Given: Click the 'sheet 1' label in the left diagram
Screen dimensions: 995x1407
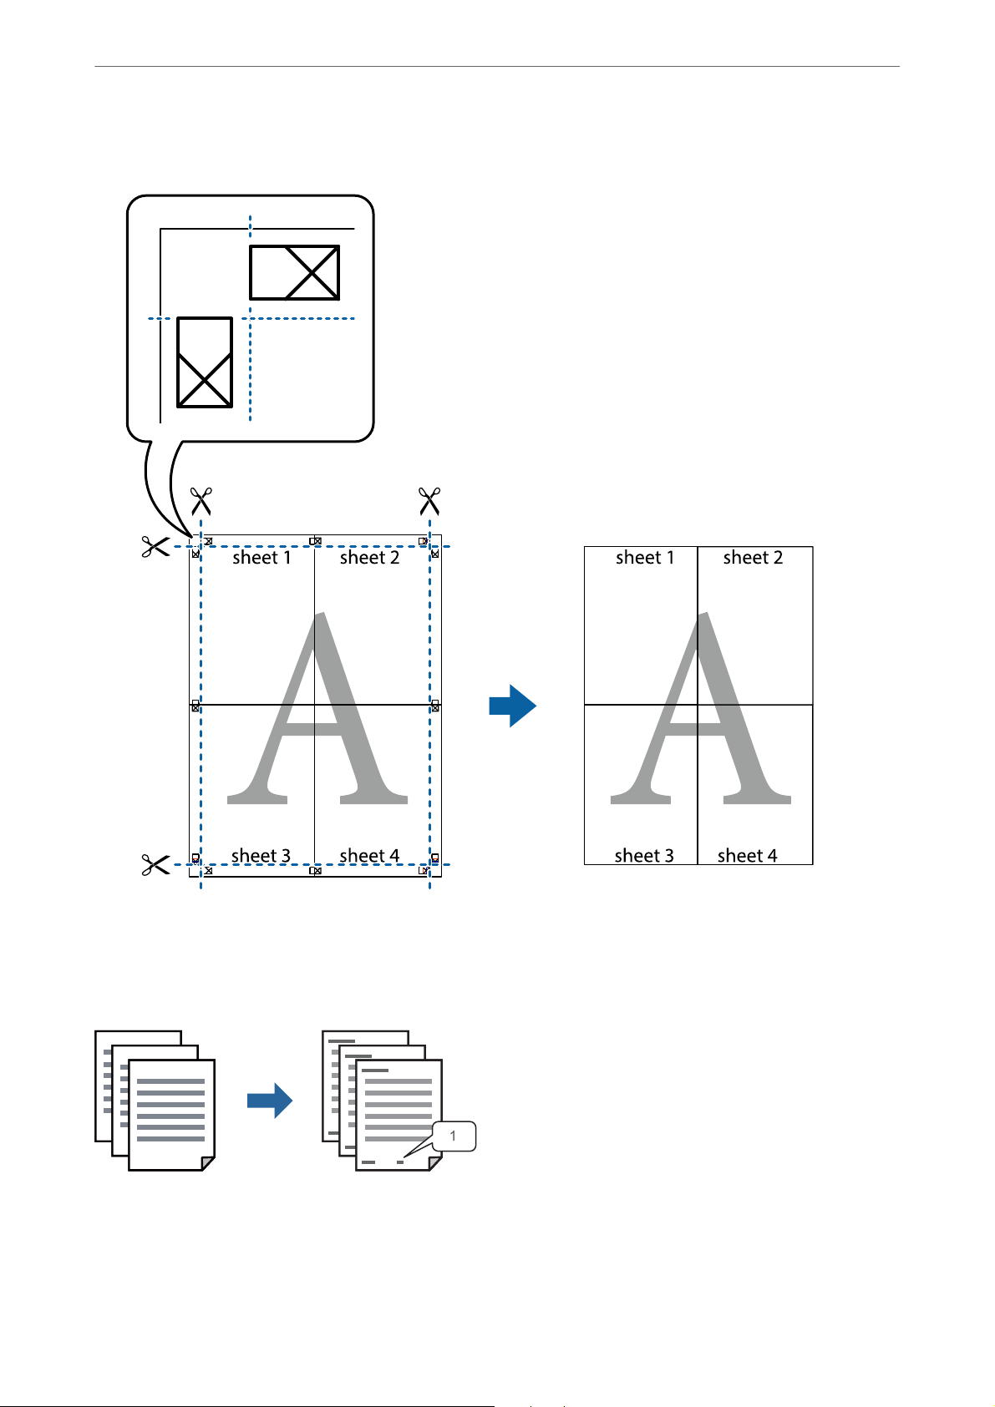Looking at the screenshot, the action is [x=261, y=557].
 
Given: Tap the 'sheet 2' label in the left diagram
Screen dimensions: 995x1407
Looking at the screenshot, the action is [x=369, y=557].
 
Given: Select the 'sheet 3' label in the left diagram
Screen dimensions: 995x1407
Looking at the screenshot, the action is [x=261, y=856].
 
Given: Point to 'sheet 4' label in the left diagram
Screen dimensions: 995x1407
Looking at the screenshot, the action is [x=369, y=856].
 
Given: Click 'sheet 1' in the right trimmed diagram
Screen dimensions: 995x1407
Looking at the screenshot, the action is [x=645, y=557].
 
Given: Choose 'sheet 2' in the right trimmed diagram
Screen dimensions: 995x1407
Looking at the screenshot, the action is [x=753, y=557].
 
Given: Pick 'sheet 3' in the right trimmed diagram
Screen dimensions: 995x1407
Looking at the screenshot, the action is [x=644, y=856].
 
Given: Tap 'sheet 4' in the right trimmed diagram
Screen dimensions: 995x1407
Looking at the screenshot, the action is [x=748, y=856].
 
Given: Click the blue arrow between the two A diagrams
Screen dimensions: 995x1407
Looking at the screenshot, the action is [x=512, y=706].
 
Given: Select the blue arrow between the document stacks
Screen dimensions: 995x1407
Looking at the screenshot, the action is [x=270, y=1101].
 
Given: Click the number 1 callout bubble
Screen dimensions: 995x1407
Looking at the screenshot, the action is [x=454, y=1136].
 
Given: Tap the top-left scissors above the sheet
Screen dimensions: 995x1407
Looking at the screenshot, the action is [x=201, y=501].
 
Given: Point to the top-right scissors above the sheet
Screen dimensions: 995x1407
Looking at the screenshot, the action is [x=429, y=501].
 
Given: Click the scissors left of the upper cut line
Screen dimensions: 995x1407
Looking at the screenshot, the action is [x=155, y=547].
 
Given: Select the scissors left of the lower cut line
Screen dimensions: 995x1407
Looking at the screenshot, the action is [x=155, y=865].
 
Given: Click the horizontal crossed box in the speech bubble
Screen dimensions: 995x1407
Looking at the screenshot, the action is [x=295, y=272].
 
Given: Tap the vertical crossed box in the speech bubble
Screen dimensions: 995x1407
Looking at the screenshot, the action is [x=205, y=362].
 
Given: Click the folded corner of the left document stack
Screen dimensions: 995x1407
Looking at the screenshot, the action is [x=208, y=1164].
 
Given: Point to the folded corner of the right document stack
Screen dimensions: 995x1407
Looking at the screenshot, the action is [x=435, y=1164].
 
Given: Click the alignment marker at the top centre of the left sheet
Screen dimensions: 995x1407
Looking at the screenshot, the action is [x=316, y=541].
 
